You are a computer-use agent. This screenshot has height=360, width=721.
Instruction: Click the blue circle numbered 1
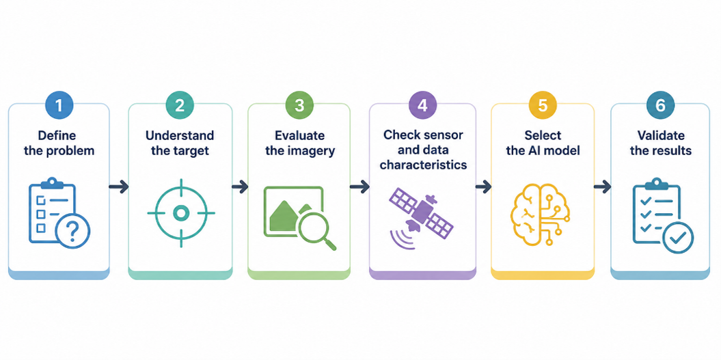(58, 105)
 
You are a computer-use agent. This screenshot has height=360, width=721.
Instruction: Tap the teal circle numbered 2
(180, 105)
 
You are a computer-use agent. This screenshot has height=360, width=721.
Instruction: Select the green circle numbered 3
(299, 105)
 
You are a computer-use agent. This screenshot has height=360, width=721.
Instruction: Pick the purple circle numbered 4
(422, 105)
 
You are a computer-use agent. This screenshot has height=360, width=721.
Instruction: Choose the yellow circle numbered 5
(543, 105)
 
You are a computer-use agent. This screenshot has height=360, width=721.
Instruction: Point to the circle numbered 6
(660, 105)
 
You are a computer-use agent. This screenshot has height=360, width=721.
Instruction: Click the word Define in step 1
(57, 136)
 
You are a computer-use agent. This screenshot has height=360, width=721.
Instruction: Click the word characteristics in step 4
(423, 165)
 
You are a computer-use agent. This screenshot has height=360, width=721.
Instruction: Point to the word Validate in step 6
(661, 136)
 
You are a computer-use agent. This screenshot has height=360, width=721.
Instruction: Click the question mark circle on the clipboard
(72, 231)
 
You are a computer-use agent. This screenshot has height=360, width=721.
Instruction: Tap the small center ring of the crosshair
(180, 212)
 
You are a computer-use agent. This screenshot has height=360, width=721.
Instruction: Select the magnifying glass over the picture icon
(318, 232)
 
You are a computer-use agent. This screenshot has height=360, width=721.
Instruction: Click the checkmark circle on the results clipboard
(678, 237)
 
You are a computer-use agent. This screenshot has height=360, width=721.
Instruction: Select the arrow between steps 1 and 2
(119, 187)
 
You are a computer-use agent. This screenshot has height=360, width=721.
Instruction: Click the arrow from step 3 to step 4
(359, 187)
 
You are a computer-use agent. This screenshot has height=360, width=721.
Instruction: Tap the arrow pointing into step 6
(602, 187)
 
